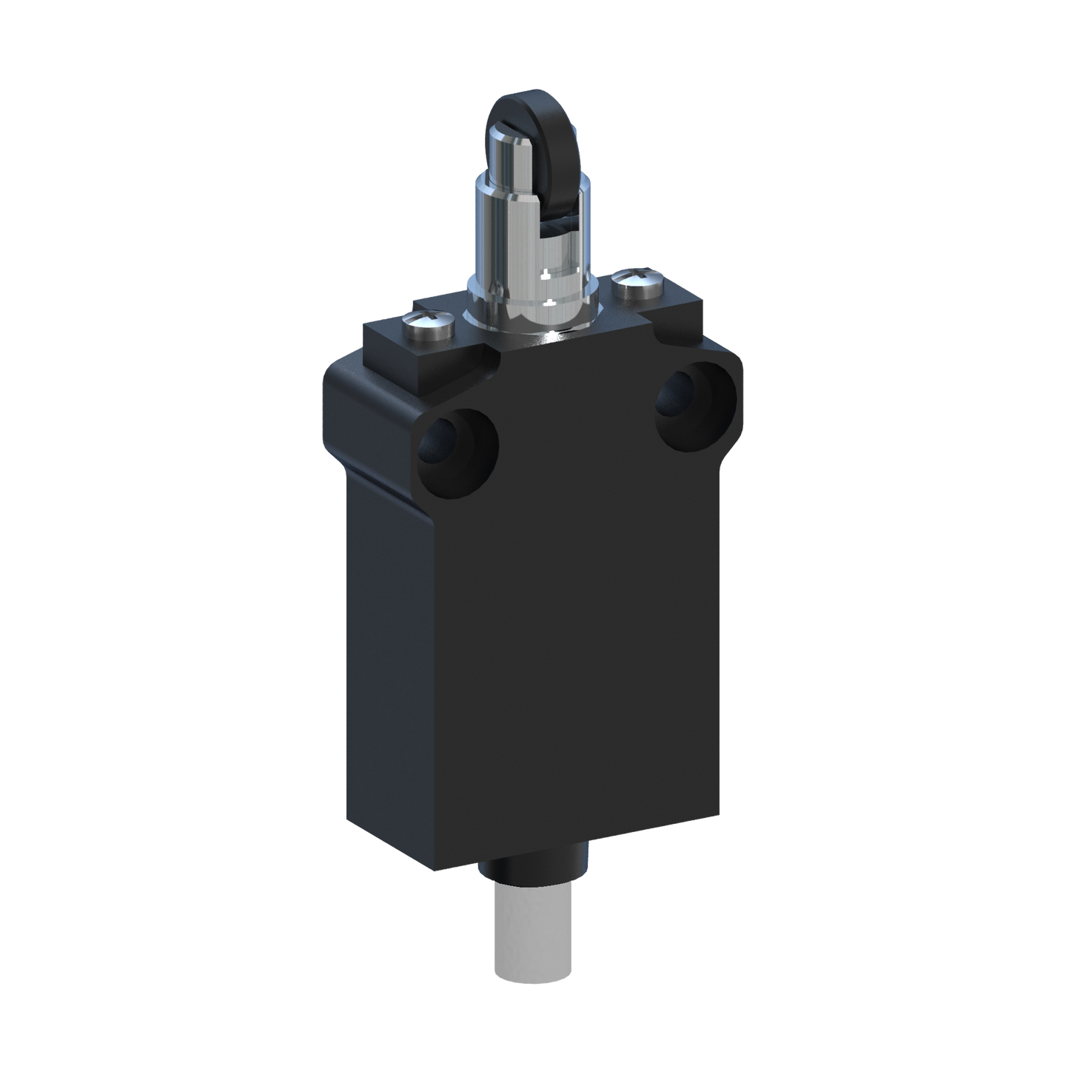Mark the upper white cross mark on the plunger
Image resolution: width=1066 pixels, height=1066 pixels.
(546, 275)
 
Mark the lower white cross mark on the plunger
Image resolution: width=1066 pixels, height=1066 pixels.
(548, 302)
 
